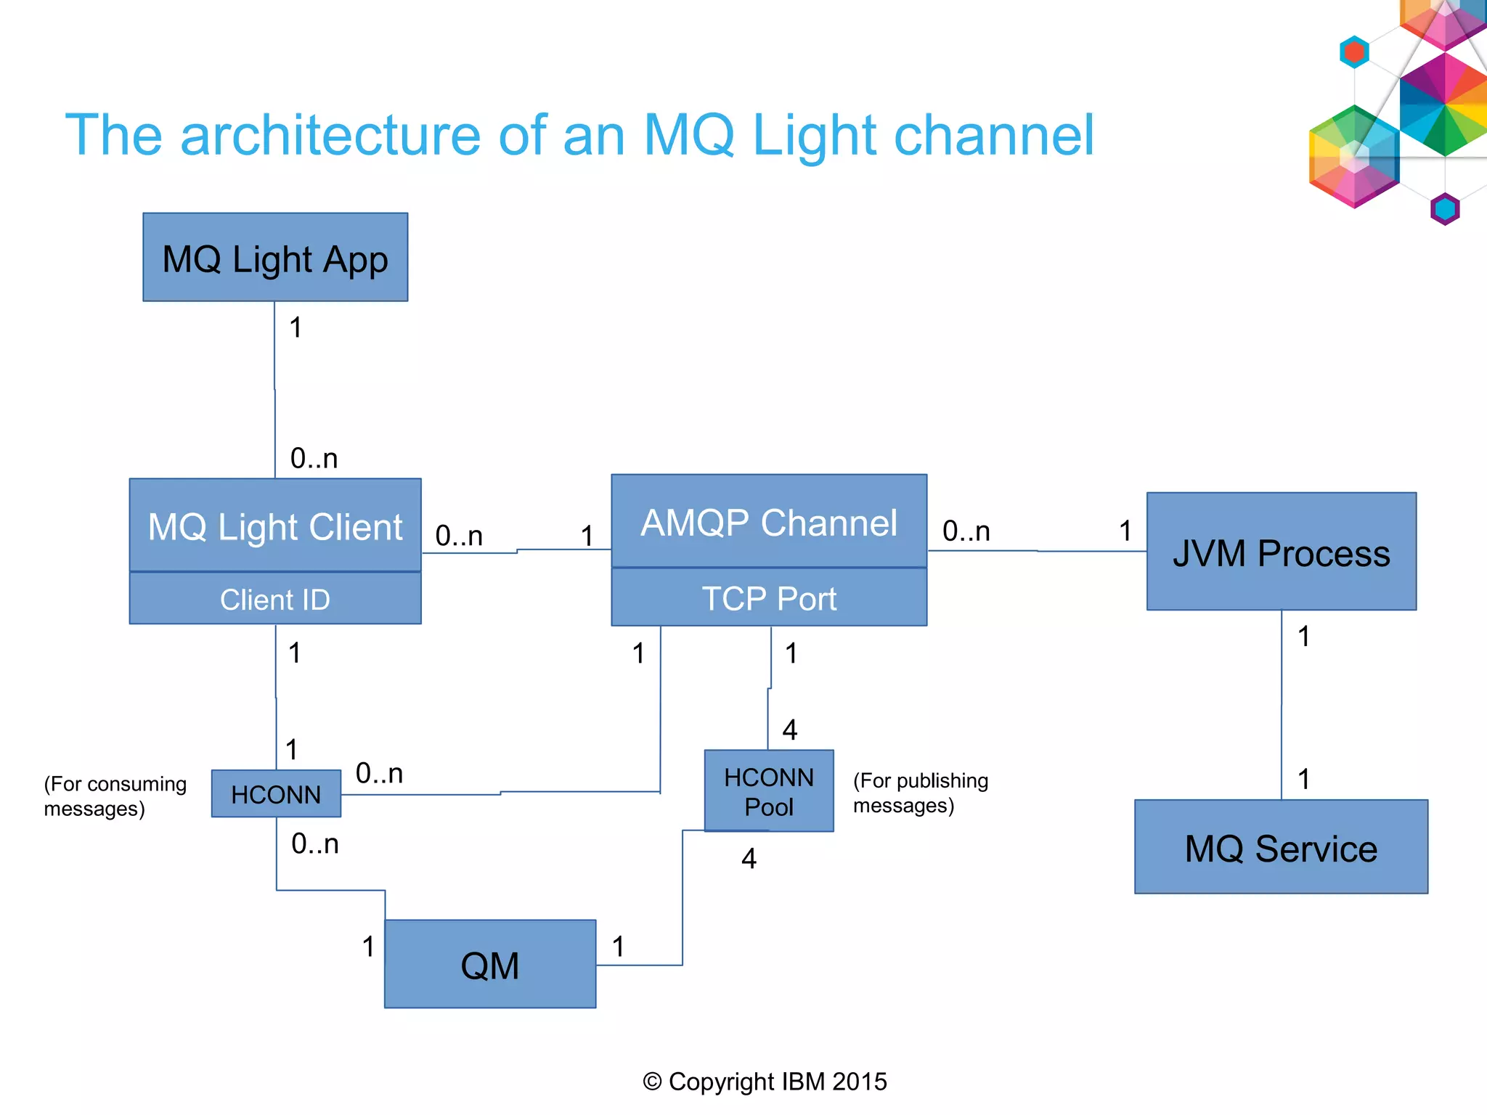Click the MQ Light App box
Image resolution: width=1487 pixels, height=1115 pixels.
[275, 258]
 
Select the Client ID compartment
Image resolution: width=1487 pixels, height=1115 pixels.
[275, 600]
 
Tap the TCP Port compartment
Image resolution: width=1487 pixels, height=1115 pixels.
[769, 599]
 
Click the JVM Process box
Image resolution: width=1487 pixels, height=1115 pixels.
[1281, 552]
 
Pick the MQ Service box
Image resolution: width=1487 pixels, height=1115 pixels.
[1281, 848]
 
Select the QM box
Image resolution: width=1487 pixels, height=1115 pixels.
[490, 965]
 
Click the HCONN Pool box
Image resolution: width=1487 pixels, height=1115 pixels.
[769, 791]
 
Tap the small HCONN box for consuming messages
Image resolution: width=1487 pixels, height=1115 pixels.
[276, 794]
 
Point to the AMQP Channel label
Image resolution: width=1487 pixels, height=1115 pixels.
[769, 523]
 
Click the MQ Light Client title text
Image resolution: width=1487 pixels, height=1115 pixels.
[275, 527]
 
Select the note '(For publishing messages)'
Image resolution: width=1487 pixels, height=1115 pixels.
[920, 793]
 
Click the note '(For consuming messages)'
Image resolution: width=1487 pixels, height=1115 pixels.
[115, 796]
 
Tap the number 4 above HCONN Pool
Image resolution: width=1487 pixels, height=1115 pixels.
[790, 730]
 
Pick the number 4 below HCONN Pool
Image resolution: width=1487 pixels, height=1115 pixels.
[749, 859]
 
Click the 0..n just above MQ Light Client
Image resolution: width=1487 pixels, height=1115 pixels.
[314, 459]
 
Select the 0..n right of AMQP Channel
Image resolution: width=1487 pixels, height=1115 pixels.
[966, 531]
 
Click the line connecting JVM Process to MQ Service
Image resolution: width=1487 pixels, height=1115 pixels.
[1282, 704]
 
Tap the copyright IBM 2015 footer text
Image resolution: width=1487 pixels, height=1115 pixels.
[765, 1082]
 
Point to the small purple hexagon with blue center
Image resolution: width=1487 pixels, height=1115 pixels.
[1445, 209]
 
